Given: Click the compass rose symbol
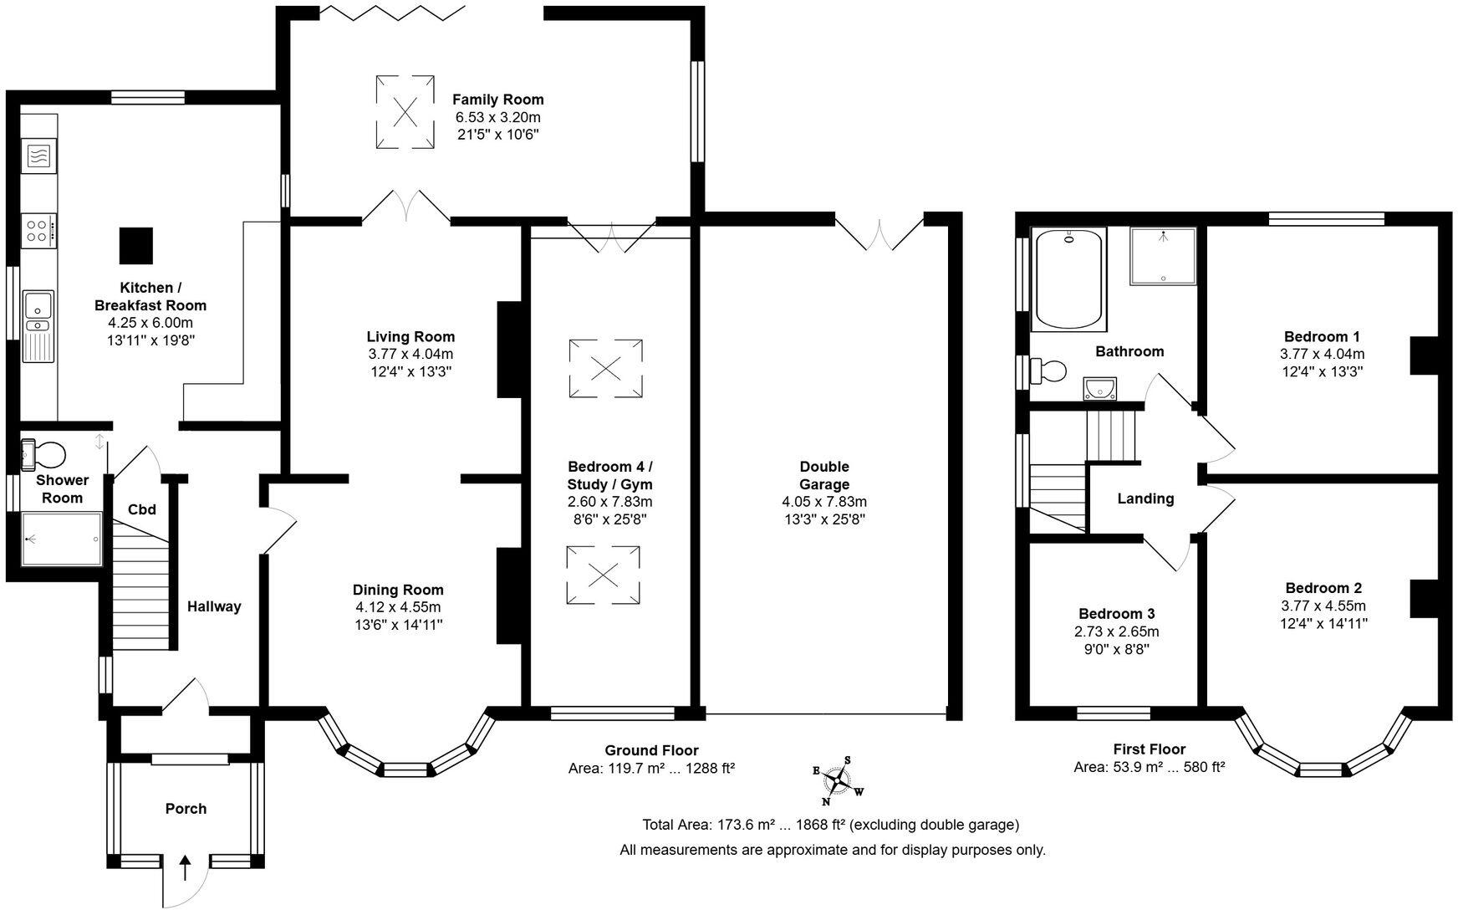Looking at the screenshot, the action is tap(838, 780).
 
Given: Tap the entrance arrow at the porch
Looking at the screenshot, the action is tap(186, 866).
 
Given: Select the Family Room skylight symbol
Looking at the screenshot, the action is tap(405, 112).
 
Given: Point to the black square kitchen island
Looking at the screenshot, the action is tap(135, 245).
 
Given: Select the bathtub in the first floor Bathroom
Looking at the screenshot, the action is tap(1070, 280).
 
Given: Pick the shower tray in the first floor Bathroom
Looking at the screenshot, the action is tap(1163, 256).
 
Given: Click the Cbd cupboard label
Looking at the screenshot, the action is tap(141, 509).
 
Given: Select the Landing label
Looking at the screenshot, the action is tap(1145, 498).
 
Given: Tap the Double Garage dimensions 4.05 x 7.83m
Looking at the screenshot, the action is tap(824, 502).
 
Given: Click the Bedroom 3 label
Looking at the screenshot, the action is tap(1116, 614).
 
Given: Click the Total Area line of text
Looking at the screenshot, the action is tap(831, 825).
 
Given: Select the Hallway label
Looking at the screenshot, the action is tap(214, 606).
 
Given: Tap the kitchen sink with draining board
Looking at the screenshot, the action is tap(38, 326).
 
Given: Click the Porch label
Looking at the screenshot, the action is tap(186, 809).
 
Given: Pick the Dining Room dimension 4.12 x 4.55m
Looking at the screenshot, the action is tap(398, 607).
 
